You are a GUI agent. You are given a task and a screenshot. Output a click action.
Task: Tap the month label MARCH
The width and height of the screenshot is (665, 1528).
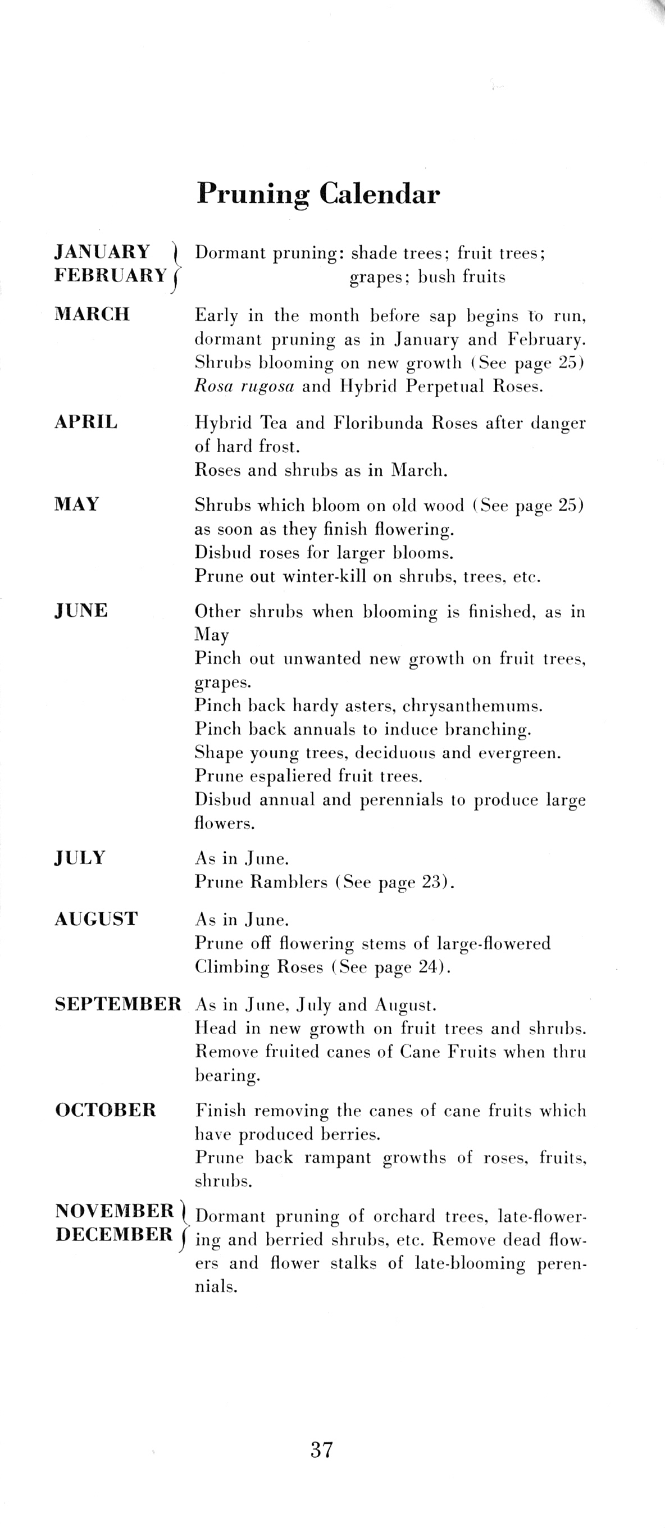(x=92, y=314)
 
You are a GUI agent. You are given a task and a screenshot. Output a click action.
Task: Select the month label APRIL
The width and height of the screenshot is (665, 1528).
(x=86, y=422)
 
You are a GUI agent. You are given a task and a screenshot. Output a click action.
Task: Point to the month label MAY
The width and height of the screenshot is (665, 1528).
(x=76, y=504)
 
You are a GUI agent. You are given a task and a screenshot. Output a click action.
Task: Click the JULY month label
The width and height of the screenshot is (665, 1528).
(x=80, y=858)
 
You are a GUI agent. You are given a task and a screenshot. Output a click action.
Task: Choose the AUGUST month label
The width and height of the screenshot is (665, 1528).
(x=96, y=919)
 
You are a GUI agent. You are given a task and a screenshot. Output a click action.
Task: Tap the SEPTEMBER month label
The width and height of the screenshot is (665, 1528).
(x=118, y=1004)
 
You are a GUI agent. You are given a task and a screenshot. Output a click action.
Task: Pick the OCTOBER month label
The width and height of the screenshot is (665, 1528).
(x=106, y=1109)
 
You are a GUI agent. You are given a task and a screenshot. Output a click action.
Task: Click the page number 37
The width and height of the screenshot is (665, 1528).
(x=321, y=1450)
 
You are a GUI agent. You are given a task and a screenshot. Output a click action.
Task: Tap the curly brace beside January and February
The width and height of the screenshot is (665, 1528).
(x=176, y=265)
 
